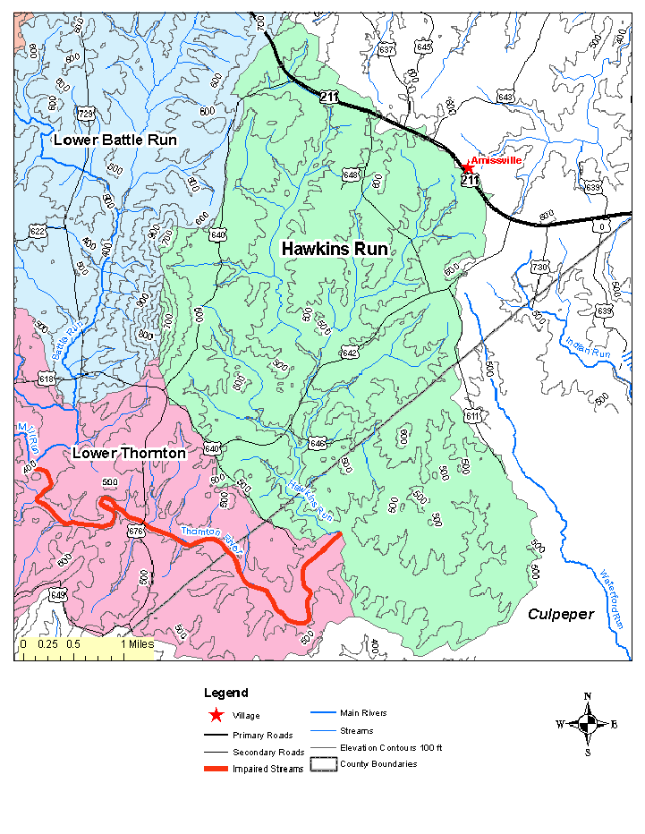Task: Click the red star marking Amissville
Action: (x=466, y=167)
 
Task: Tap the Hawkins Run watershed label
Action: (x=335, y=249)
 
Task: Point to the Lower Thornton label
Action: (x=129, y=454)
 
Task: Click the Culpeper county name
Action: (x=560, y=614)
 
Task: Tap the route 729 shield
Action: (x=86, y=113)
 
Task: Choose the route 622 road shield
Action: (x=38, y=232)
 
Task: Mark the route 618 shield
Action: (x=47, y=379)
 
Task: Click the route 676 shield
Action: (x=136, y=532)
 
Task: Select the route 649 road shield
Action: (x=58, y=595)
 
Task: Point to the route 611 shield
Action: (x=472, y=416)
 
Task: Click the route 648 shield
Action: (x=351, y=174)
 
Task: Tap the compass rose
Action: (x=587, y=723)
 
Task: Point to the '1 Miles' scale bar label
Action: (x=136, y=643)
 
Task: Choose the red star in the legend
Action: (x=215, y=715)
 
